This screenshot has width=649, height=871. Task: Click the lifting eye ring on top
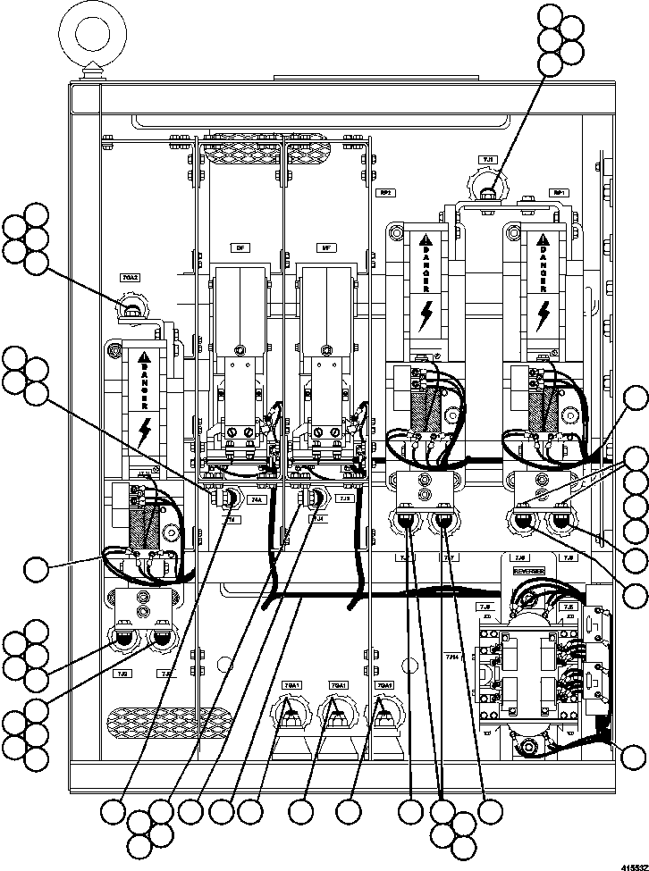pos(90,36)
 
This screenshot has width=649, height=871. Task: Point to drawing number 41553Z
pos(629,858)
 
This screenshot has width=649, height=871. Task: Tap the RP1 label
pos(560,192)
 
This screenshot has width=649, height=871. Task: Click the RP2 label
pos(386,192)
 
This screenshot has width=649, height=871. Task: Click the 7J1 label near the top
pos(488,159)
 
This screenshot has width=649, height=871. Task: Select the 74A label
pos(257,499)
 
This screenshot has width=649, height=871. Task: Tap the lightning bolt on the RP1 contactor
pos(544,315)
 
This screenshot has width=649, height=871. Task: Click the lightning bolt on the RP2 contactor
pos(427,315)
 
